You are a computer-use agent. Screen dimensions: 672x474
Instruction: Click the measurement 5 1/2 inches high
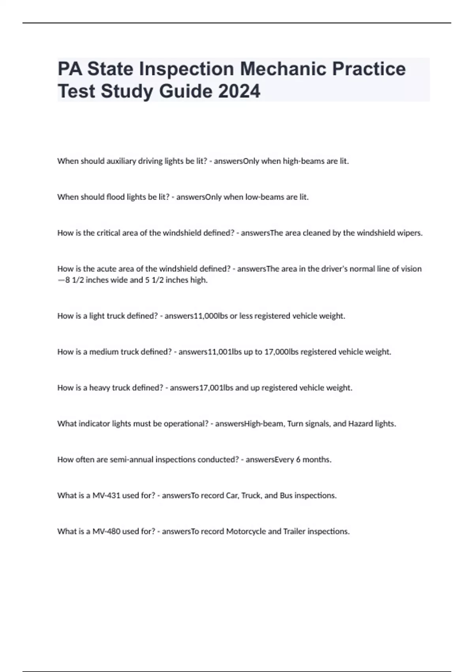[176, 280]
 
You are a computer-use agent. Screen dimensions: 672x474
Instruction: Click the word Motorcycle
[246, 532]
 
